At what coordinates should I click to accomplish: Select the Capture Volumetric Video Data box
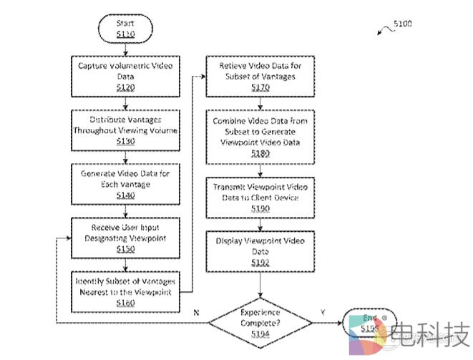coord(125,76)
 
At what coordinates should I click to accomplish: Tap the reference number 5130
coord(125,141)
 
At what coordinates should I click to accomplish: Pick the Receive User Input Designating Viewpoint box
coord(125,237)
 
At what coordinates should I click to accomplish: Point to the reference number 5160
coord(125,302)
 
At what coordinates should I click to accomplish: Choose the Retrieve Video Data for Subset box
coord(260,76)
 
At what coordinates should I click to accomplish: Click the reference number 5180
coord(260,152)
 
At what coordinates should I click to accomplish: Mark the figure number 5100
coord(402,24)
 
